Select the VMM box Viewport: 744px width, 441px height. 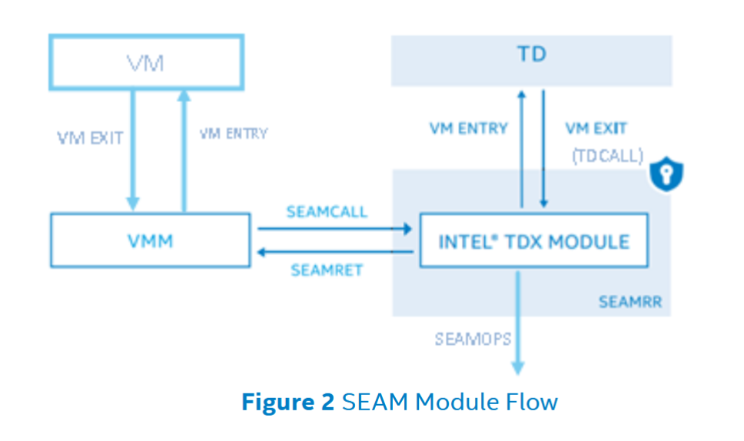coord(150,240)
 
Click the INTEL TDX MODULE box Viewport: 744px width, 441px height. coord(533,241)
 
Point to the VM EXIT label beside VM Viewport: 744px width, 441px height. coord(90,138)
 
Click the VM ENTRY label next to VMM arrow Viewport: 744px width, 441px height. coord(233,134)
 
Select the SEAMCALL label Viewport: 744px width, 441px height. coord(327,211)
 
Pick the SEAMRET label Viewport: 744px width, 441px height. coord(327,270)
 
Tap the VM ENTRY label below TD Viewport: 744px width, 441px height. coord(468,128)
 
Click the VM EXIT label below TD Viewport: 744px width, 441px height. coord(596,128)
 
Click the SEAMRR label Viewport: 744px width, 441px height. coord(629,303)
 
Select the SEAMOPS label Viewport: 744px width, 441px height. coord(473,338)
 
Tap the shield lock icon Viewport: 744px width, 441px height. coord(666,175)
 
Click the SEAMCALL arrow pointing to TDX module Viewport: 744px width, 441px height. coord(334,228)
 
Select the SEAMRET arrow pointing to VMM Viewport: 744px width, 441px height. coord(334,252)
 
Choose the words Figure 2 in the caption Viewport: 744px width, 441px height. coord(288,402)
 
